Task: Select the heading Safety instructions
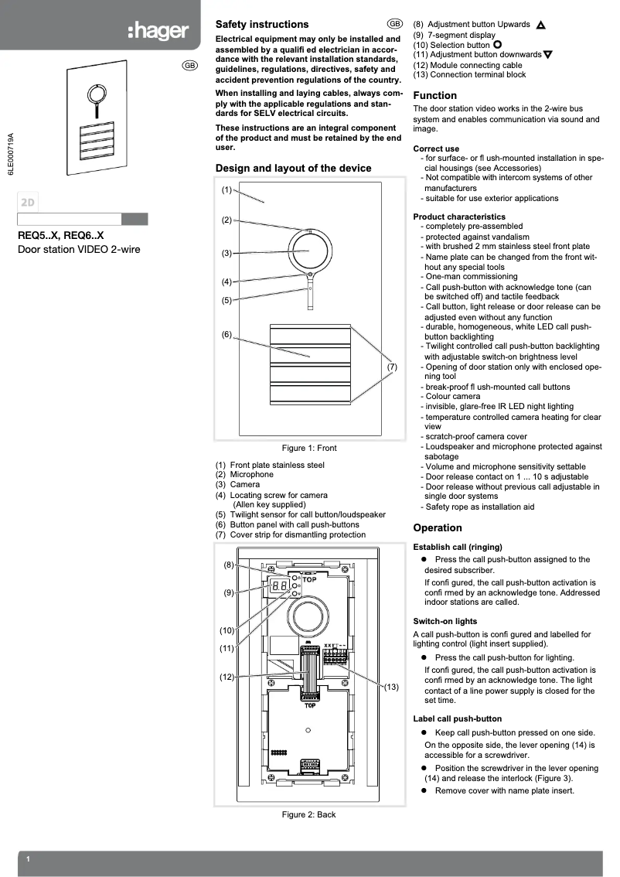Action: click(x=261, y=25)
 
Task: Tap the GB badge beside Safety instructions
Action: click(x=395, y=25)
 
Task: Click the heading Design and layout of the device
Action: click(x=293, y=168)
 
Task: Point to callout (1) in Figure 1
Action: click(x=227, y=189)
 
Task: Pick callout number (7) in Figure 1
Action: click(x=392, y=367)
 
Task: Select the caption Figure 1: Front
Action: click(x=309, y=448)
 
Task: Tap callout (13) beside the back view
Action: click(x=391, y=687)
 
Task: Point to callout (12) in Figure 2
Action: click(x=227, y=677)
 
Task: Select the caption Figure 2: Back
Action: click(x=308, y=814)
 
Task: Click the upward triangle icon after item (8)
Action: click(x=540, y=25)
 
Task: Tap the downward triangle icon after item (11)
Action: click(x=547, y=55)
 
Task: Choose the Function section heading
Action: click(x=434, y=95)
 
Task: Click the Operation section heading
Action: click(x=438, y=528)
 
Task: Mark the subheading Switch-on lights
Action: click(x=445, y=621)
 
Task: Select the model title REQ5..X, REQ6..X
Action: click(x=60, y=236)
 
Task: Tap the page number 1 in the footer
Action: click(x=28, y=860)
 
